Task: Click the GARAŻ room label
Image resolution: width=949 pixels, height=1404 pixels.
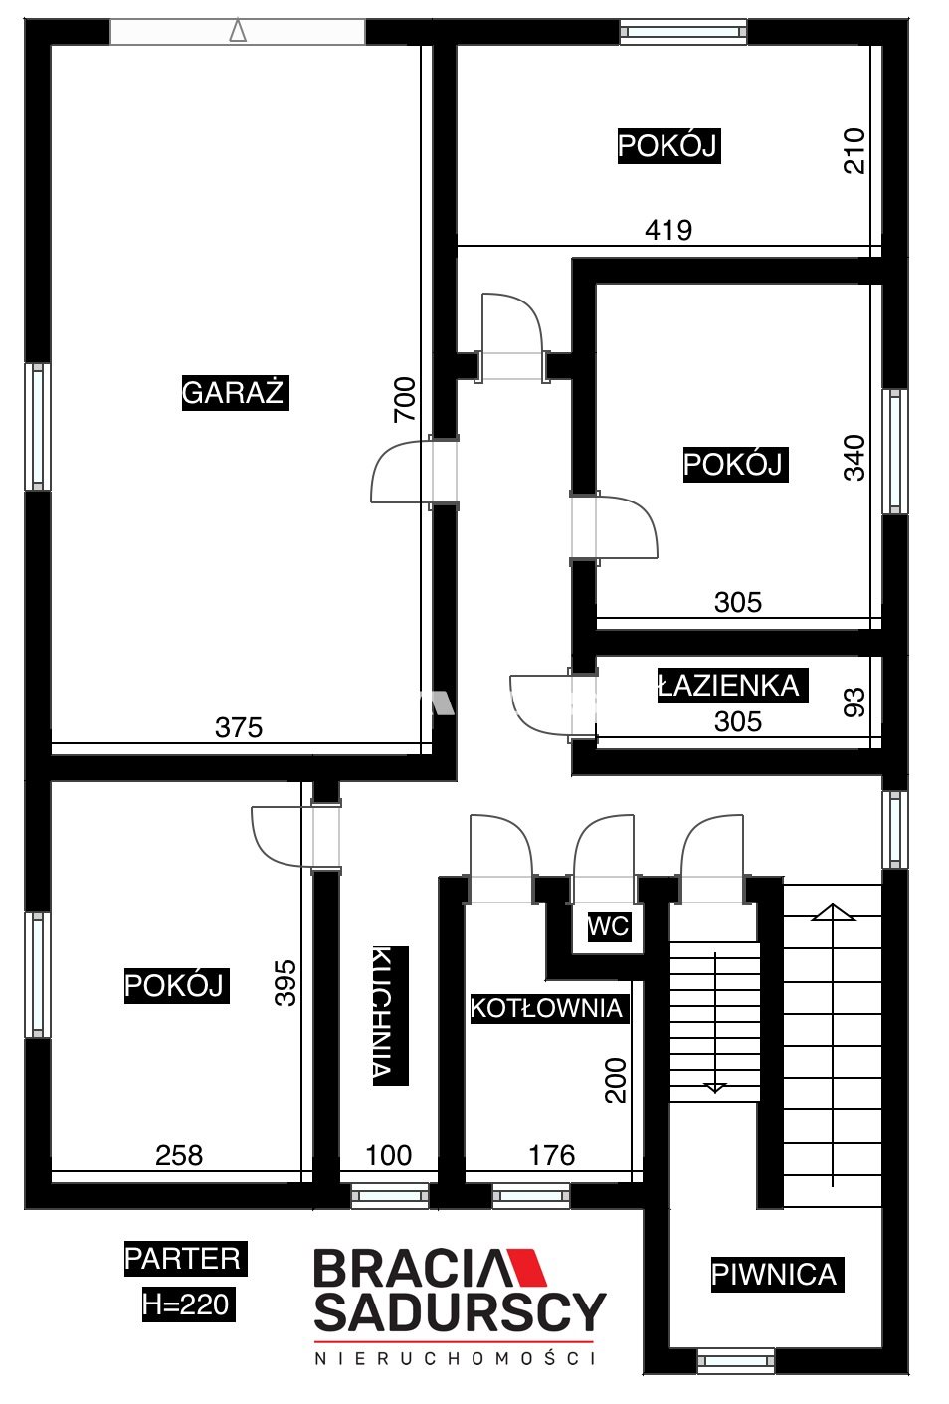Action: pos(235,392)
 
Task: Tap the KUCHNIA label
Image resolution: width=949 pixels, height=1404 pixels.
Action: pos(390,1015)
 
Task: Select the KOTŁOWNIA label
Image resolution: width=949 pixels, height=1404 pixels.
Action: pos(549,1008)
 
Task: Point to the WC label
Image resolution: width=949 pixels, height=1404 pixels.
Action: pos(609,926)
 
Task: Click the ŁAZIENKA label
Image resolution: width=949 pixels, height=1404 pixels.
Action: pos(731,685)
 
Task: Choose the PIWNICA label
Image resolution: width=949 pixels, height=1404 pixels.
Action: pos(777,1275)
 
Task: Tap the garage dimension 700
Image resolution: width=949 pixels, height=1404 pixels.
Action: pos(405,399)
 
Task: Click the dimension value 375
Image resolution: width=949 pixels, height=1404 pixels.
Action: pos(239,727)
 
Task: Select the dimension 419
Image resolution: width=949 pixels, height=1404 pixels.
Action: pos(668,230)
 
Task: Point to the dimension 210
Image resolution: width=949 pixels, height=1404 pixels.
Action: pos(854,150)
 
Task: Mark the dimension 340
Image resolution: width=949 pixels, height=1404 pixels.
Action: pos(854,458)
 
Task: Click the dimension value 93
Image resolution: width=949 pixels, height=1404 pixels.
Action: pos(854,702)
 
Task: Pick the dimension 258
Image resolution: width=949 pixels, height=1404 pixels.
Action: pos(179,1156)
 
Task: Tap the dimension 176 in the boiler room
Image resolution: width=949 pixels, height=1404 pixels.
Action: pos(552,1156)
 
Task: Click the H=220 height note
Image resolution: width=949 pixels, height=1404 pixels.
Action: pos(188,1304)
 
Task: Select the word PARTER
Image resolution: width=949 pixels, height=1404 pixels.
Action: pos(185,1258)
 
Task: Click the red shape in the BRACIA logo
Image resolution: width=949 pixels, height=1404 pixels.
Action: pos(525,1267)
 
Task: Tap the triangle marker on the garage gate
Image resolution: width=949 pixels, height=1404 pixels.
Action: pos(238,30)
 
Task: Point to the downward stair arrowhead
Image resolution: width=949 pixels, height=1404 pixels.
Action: pos(714,1088)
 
